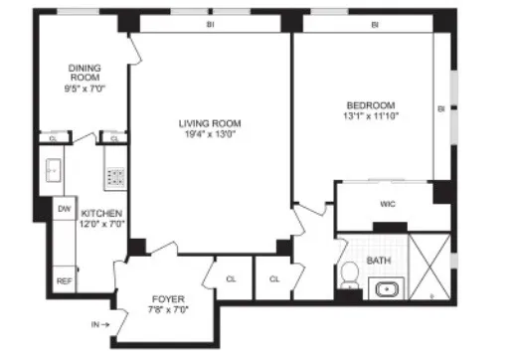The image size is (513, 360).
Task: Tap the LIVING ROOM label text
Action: click(210, 123)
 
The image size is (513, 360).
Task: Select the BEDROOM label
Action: click(371, 106)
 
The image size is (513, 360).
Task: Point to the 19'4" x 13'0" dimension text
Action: click(210, 135)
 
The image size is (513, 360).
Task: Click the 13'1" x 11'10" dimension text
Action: click(371, 118)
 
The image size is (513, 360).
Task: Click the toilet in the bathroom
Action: click(349, 270)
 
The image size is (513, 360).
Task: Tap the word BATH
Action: click(379, 262)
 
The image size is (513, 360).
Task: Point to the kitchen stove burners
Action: click(115, 177)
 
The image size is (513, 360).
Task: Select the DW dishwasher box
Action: click(64, 209)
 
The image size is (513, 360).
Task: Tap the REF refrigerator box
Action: click(64, 280)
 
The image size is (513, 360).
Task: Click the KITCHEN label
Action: click(101, 213)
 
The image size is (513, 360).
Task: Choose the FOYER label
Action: click(166, 298)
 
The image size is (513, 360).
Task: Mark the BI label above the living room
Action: click(210, 24)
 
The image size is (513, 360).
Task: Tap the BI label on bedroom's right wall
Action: click(439, 107)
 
